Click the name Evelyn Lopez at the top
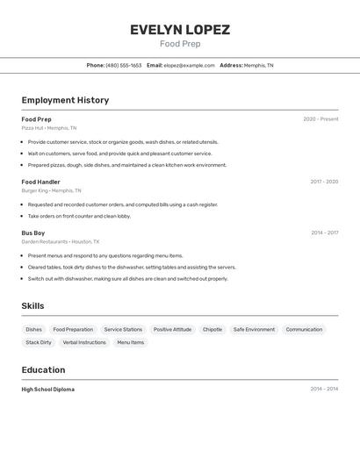point(180,30)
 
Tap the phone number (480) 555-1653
point(124,65)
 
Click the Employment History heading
point(65,100)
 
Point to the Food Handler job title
point(40,182)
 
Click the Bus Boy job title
point(33,232)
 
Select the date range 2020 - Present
point(320,119)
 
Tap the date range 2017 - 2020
point(324,182)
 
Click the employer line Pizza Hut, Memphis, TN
point(49,128)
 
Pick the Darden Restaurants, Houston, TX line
point(61,241)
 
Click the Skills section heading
point(33,305)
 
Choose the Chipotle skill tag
point(212,329)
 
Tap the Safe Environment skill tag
point(254,329)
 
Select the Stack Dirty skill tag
point(39,342)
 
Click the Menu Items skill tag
point(131,342)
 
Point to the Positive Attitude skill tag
point(172,329)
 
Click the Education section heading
point(43,369)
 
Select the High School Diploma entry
point(48,389)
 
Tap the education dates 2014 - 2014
point(324,389)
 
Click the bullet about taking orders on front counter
point(79,216)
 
